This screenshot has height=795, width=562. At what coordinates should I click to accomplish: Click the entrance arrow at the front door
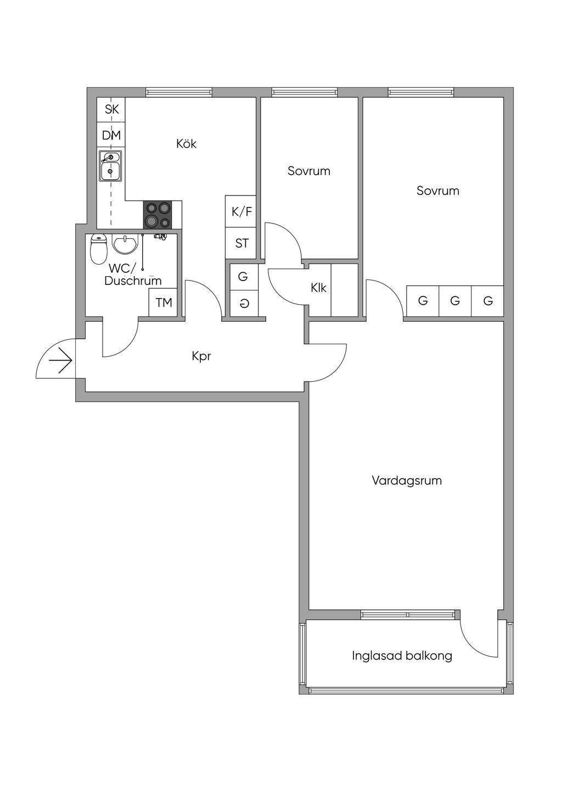(x=61, y=361)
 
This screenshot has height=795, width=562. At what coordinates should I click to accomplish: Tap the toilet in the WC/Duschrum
(x=98, y=249)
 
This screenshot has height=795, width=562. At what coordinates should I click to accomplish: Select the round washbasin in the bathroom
(x=124, y=244)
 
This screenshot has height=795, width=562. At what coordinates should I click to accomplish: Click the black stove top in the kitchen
(x=157, y=215)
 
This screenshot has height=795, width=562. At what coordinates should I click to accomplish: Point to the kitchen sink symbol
(x=110, y=166)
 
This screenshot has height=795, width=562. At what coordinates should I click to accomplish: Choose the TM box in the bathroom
(x=163, y=303)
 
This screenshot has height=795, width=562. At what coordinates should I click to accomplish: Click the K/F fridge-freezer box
(x=241, y=211)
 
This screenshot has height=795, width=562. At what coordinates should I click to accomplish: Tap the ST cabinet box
(x=241, y=243)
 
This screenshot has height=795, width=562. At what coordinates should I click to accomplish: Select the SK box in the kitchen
(x=111, y=109)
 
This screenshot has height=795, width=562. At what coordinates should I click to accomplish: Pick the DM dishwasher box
(x=111, y=135)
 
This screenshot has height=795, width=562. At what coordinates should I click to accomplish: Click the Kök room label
(x=186, y=144)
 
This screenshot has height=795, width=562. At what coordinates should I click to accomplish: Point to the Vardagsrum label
(x=407, y=480)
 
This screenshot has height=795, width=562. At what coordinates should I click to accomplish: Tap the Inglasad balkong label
(x=402, y=656)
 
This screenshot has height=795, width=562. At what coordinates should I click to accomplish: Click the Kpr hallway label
(x=201, y=356)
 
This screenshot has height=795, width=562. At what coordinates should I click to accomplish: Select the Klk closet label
(x=318, y=288)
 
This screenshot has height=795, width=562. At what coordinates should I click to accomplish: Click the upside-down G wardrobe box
(x=244, y=303)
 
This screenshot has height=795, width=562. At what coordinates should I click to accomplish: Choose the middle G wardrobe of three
(x=455, y=301)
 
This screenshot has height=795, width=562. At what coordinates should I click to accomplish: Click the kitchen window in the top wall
(x=179, y=92)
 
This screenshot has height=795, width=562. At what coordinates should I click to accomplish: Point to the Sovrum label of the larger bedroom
(x=438, y=191)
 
